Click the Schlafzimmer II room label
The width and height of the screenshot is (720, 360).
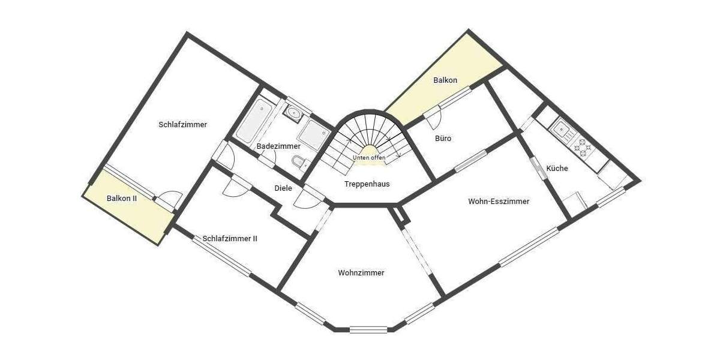tap(230, 238)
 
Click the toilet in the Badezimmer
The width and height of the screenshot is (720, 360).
tap(298, 162)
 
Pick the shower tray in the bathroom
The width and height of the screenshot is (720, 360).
tap(311, 134)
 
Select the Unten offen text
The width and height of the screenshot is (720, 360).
tap(369, 158)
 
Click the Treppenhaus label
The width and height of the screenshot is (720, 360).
tap(367, 184)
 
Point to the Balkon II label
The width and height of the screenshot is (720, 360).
tap(122, 198)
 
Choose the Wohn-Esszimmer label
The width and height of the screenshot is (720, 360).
tap(499, 202)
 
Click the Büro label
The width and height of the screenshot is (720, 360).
tap(443, 139)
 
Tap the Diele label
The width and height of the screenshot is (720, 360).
tap(283, 188)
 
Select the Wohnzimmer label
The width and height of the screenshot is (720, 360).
tap(361, 272)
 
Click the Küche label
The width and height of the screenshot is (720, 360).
tap(557, 169)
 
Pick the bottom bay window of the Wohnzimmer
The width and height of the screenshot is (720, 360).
tap(368, 329)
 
